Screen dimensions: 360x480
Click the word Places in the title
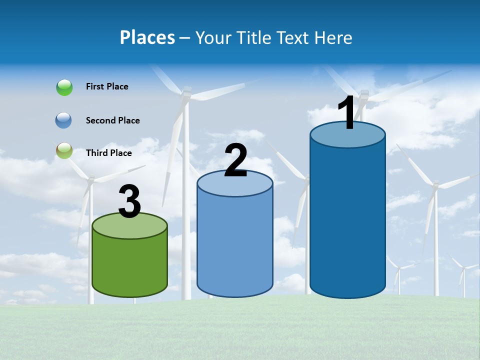147,37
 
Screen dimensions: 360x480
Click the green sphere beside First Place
64,87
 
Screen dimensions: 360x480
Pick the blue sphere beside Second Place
63,120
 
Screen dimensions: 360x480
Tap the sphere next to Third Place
64,150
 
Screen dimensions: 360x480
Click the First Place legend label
107,86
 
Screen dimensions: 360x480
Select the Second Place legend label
112,120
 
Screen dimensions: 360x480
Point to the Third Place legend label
108,153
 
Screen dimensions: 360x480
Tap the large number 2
235,160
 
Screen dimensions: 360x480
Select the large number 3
129,202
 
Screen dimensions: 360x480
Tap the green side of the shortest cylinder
129,265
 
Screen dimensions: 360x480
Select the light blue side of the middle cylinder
235,245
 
